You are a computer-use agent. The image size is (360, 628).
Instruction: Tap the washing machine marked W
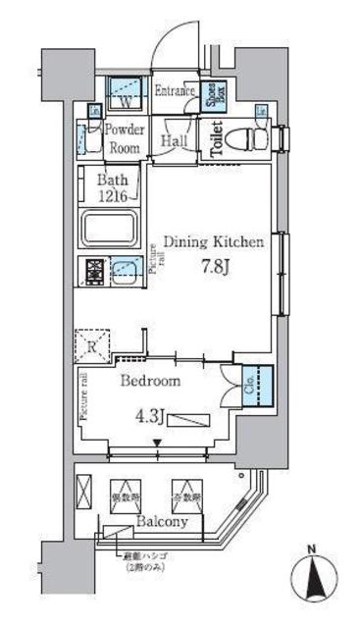coord(125,94)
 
